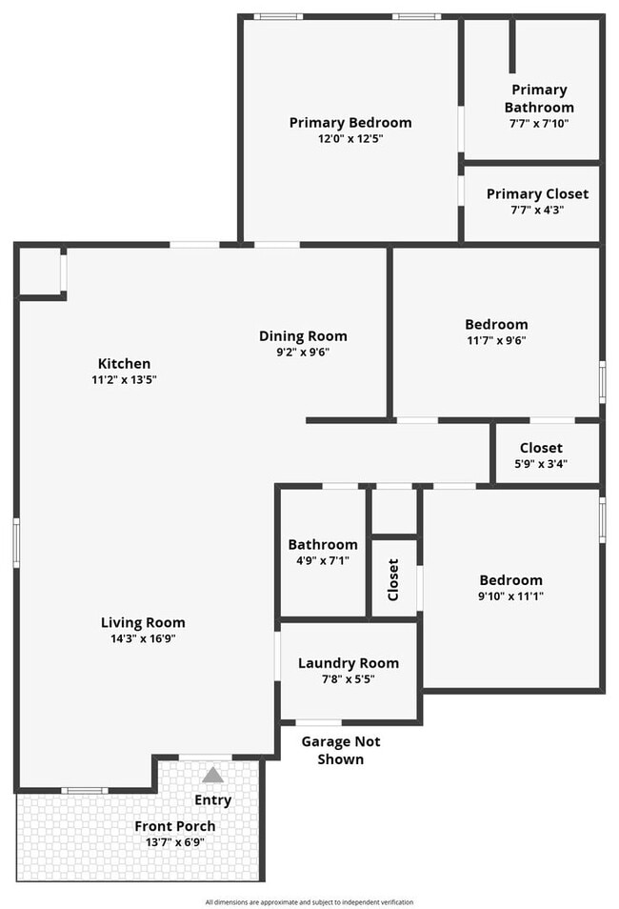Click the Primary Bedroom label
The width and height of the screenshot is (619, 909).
tap(350, 123)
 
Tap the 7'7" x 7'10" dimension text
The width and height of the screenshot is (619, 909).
tap(539, 124)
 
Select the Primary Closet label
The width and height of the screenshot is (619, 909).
tap(537, 193)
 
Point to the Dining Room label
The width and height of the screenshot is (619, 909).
tap(303, 336)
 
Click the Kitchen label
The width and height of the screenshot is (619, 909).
tap(124, 363)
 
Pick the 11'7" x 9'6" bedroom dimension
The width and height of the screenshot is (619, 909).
tap(496, 340)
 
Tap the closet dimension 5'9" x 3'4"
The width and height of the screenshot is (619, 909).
tap(541, 464)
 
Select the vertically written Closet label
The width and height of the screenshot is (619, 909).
tap(393, 579)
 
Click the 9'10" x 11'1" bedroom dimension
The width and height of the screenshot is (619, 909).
tap(510, 596)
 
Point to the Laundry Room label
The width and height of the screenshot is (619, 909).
tap(349, 663)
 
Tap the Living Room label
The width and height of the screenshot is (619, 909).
tap(143, 622)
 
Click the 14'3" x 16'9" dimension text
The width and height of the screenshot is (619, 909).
tap(143, 638)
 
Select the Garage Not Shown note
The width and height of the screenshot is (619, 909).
tap(341, 750)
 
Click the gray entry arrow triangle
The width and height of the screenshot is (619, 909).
tap(212, 775)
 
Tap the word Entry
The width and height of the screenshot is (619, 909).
tap(212, 800)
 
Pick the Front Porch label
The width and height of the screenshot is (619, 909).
tap(175, 826)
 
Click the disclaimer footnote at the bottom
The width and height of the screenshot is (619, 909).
tap(309, 902)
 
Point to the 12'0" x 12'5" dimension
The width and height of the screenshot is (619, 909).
tap(350, 139)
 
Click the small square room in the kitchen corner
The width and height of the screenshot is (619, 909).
tap(40, 272)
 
